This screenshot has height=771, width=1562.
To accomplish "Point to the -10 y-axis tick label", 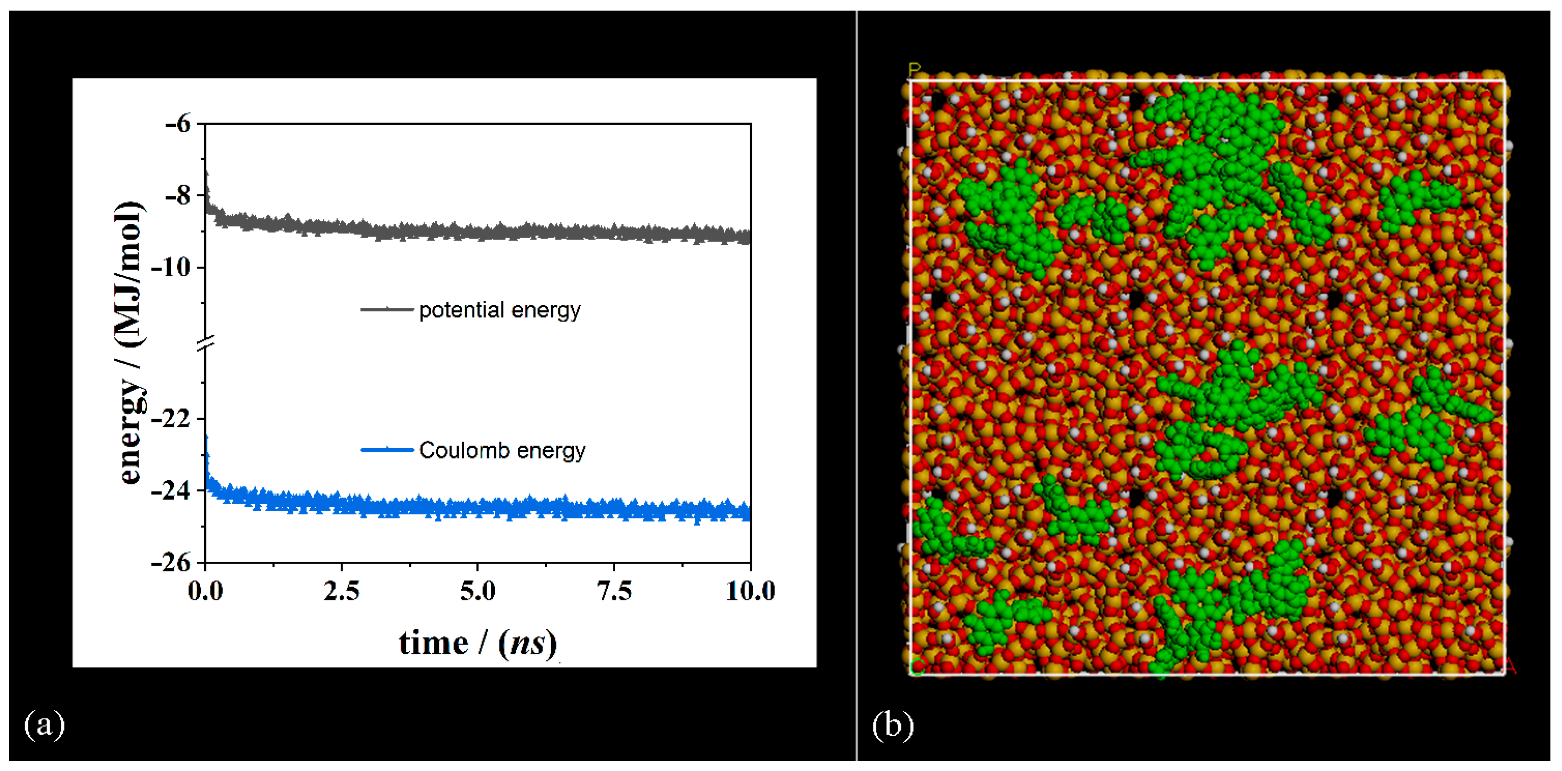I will coord(170,267).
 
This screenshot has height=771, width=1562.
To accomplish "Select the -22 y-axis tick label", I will coord(170,418).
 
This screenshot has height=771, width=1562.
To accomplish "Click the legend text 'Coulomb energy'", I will coord(502,450).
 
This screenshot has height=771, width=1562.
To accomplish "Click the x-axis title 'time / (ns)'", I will coord(478,643).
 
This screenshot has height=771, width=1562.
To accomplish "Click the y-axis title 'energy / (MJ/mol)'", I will coord(130,342).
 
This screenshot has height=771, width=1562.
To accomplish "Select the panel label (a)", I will coord(44,724).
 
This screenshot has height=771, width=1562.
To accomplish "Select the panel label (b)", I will coord(893,724).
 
